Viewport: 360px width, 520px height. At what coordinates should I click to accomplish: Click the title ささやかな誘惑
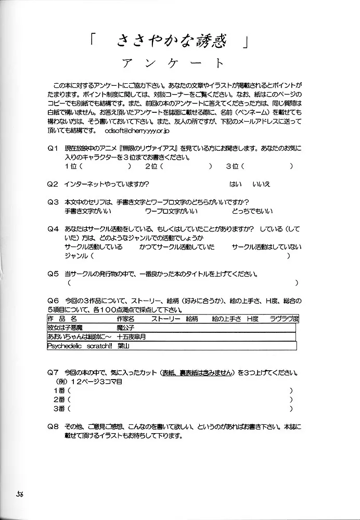pos(174,41)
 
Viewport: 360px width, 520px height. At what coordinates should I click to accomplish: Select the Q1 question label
pos(53,149)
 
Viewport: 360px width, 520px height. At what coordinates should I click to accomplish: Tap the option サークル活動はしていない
pos(265,247)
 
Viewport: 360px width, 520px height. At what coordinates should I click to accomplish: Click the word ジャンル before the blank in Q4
pos(76,256)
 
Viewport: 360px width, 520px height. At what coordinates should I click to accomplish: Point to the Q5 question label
pos(53,274)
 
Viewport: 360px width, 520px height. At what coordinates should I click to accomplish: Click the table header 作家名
pos(126,318)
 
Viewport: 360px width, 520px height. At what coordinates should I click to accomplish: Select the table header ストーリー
pos(165,318)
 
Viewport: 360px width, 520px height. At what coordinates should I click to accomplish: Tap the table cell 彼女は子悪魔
pos(69,328)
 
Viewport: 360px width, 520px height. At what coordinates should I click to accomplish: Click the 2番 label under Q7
pos(58,399)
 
